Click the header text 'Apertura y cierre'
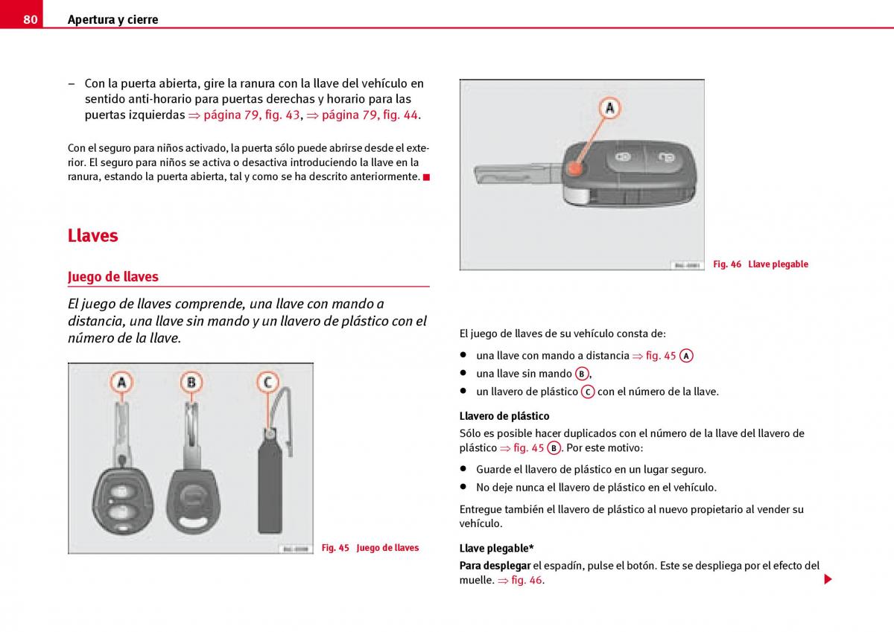click(112, 20)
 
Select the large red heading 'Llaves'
click(93, 236)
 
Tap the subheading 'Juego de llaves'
click(113, 277)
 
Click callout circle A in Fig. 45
click(121, 383)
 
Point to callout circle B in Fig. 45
click(191, 383)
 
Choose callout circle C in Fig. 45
click(267, 383)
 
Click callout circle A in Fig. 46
click(609, 109)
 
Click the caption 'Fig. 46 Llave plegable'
click(760, 264)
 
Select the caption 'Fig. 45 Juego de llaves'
click(370, 548)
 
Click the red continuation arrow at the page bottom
click(828, 579)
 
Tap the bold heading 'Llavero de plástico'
click(504, 416)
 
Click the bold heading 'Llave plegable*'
click(496, 549)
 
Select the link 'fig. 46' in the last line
click(527, 581)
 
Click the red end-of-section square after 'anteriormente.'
click(426, 177)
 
